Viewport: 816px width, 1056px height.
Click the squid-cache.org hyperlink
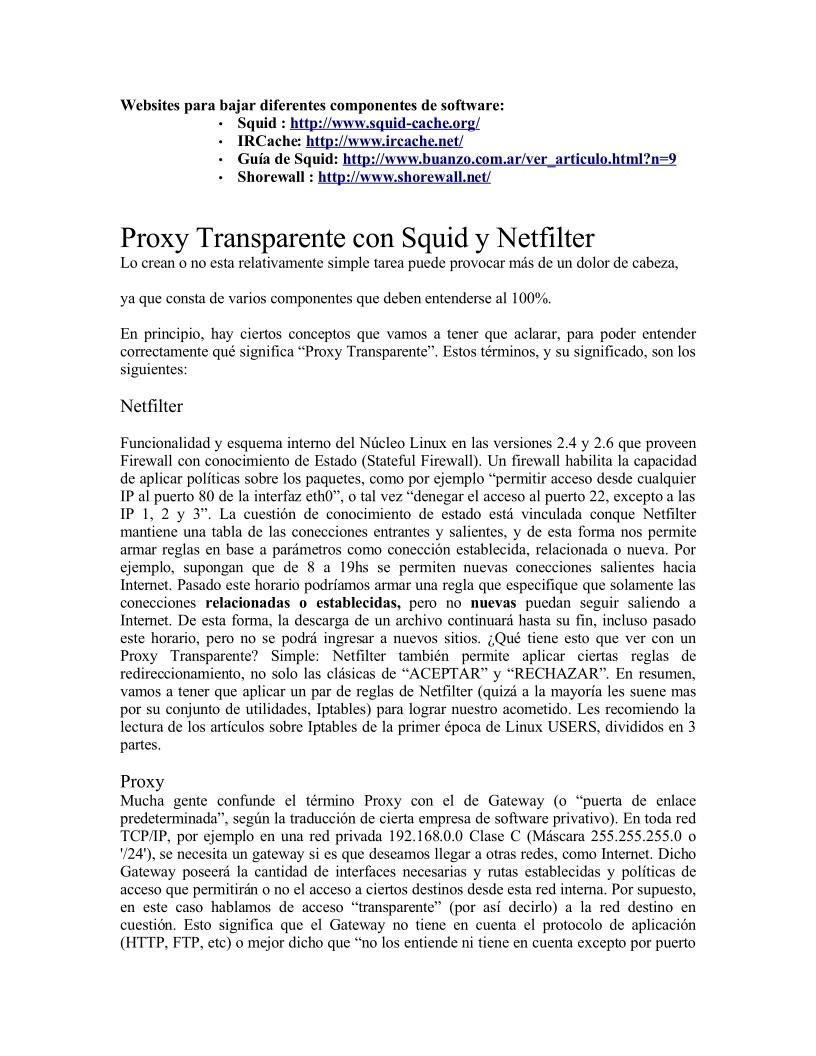tap(385, 123)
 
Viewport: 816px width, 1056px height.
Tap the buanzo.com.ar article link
tap(509, 159)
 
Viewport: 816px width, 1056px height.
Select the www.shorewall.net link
tap(404, 177)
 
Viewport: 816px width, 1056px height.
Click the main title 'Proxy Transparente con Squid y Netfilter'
tap(357, 240)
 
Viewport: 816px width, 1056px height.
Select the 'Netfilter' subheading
tap(151, 407)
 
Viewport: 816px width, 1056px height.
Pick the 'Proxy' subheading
tap(142, 781)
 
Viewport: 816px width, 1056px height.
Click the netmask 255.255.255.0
tap(622, 835)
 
